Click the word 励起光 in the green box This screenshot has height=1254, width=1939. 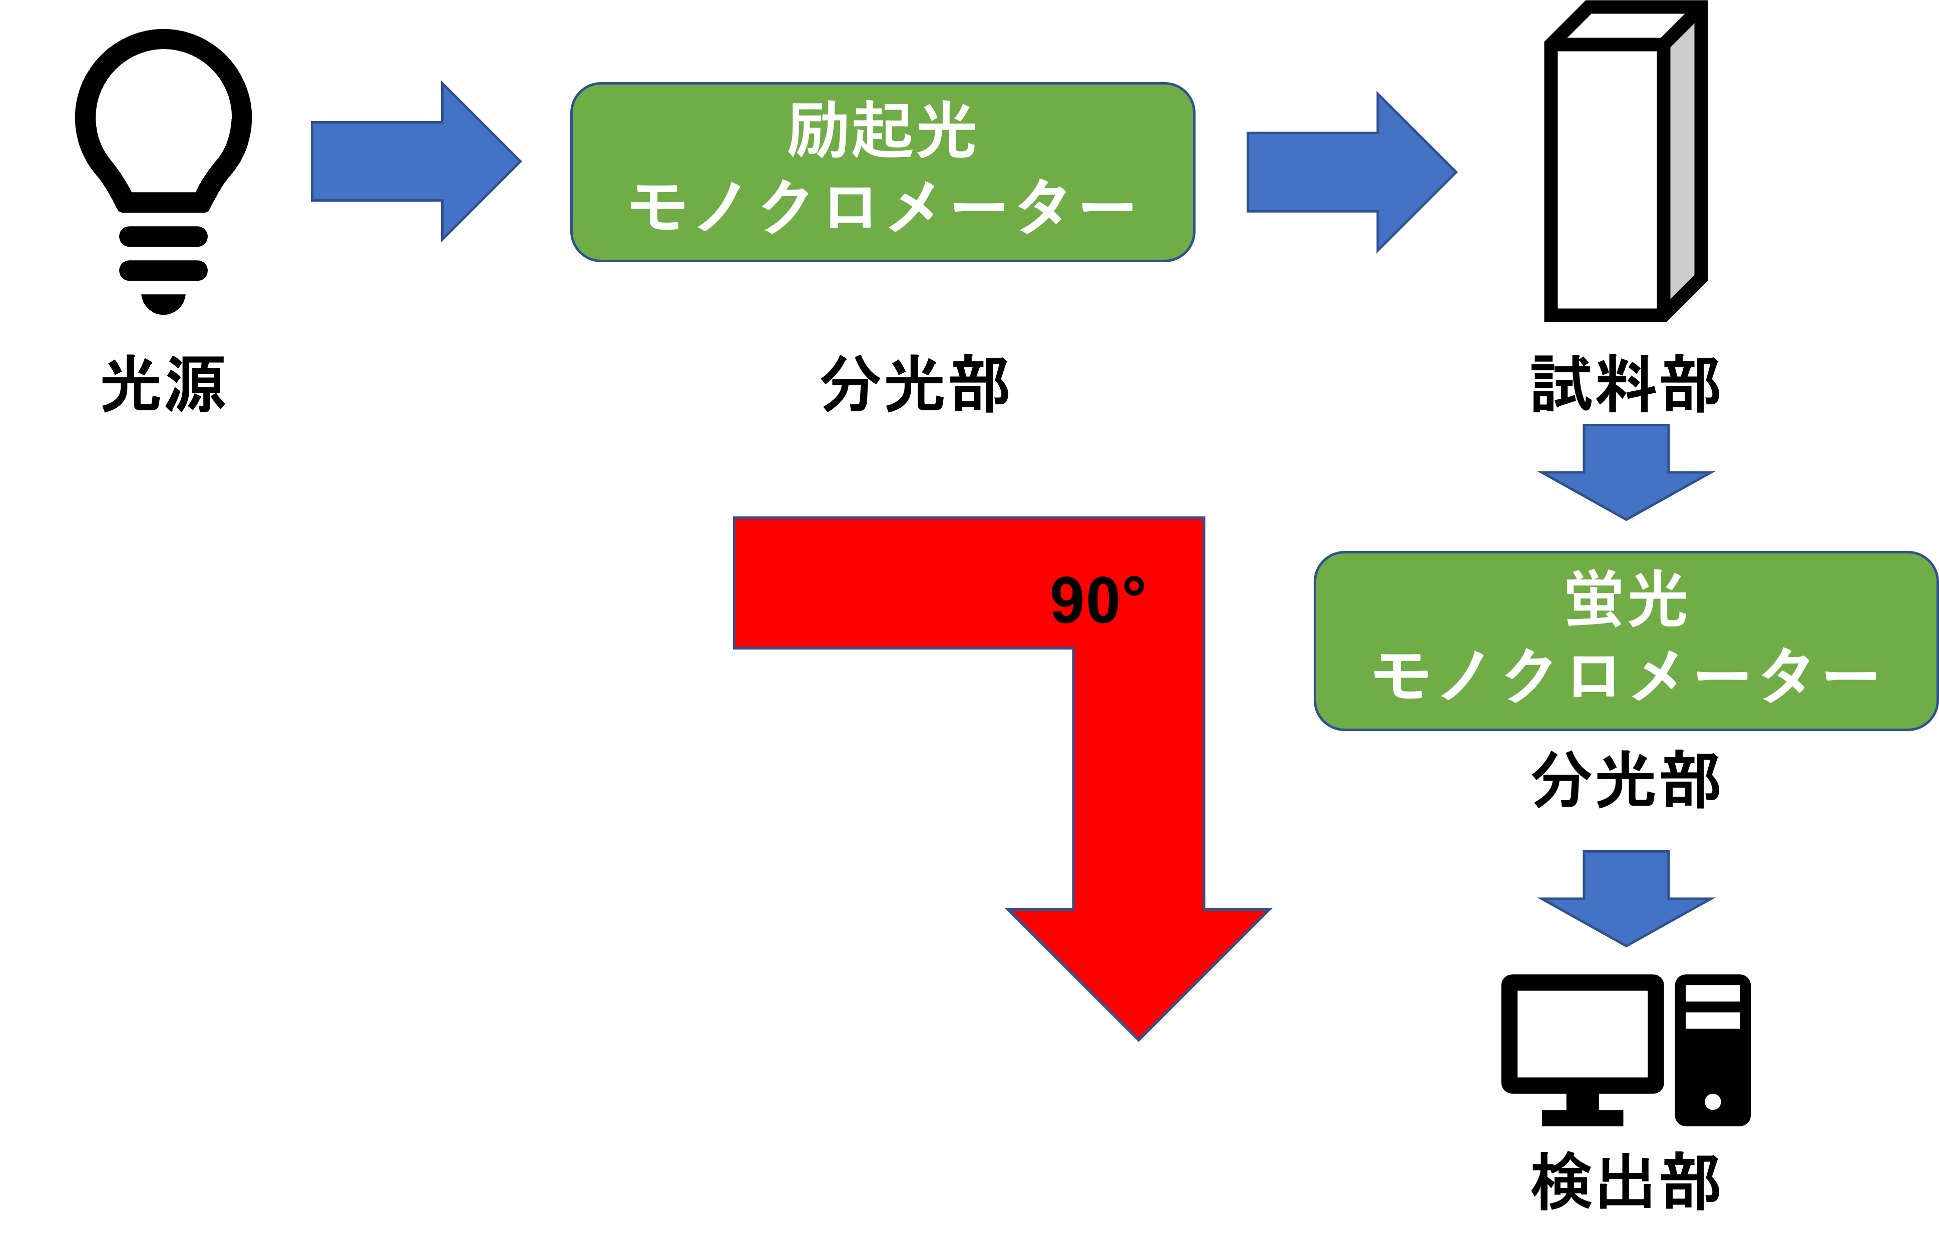coord(882,130)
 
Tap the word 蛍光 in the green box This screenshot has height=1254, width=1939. coord(1625,599)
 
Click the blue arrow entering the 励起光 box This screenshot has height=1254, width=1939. coord(416,161)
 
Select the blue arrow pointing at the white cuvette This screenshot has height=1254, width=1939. coord(1351,172)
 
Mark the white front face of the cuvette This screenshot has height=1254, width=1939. coord(1607,179)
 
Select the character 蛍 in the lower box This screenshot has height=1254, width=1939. coord(1595,599)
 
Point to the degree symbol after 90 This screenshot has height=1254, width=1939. coord(1134,586)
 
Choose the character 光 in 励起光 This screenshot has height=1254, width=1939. coord(945,130)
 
